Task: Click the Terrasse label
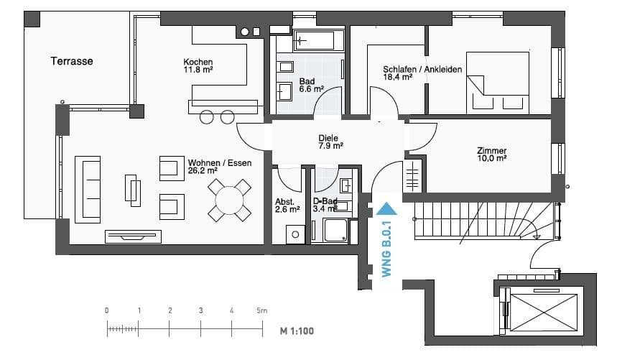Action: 72,61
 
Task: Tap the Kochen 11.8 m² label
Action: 198,65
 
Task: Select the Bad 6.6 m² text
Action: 311,86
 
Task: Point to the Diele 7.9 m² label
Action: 330,142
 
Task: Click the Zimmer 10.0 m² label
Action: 491,154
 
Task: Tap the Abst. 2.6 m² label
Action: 287,206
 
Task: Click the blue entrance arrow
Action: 386,209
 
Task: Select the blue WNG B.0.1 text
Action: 387,249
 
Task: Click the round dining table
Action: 229,200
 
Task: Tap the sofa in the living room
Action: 88,190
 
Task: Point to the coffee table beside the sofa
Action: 133,190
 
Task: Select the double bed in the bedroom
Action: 497,83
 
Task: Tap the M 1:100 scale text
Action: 297,331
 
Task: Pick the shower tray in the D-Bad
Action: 335,230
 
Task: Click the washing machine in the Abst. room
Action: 295,234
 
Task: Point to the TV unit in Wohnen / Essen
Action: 133,236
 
